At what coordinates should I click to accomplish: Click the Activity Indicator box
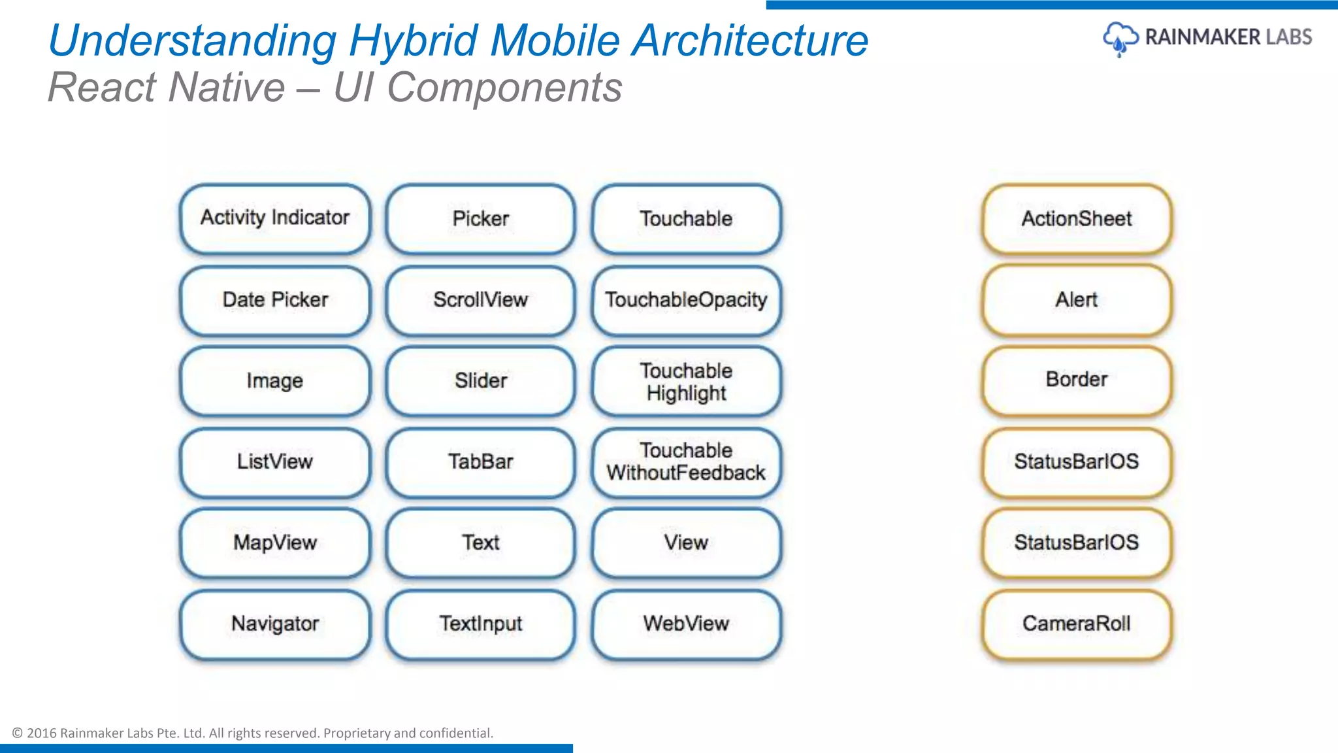[275, 218]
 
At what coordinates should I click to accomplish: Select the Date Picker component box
[275, 300]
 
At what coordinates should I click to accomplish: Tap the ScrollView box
[480, 300]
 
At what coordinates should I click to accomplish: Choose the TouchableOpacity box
[686, 300]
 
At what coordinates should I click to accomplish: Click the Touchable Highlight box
[686, 381]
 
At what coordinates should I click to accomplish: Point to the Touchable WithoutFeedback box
[686, 462]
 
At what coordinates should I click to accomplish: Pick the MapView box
[275, 543]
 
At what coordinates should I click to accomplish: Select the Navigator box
[275, 624]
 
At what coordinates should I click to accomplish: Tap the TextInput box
[480, 624]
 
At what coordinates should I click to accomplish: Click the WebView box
[686, 624]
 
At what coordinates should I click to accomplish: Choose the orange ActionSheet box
[1076, 218]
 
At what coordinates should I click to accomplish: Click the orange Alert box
[1076, 300]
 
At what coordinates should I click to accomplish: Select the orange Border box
[1076, 380]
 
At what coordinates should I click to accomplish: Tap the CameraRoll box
[1076, 624]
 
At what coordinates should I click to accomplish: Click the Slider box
[480, 381]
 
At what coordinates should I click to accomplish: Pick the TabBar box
[480, 462]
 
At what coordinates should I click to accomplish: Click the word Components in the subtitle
[504, 88]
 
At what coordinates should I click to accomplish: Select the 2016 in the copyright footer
[41, 733]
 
